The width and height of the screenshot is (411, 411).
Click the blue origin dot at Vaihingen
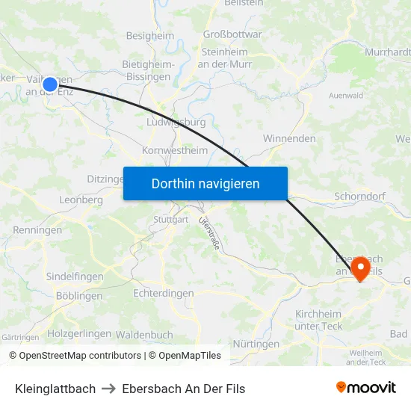coord(50,84)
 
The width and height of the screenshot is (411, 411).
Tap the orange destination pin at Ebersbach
coord(360,267)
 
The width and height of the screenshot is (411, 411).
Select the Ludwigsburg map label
coord(176,122)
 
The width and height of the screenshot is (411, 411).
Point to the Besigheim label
coord(150,35)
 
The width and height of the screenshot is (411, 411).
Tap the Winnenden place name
coord(289,138)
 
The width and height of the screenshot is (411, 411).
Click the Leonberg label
coord(81,200)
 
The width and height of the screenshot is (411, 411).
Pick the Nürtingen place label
coord(256,344)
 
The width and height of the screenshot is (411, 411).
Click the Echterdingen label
coord(164,294)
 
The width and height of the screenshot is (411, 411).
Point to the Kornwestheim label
coord(175,150)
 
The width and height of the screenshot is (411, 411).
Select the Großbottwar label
coord(232,34)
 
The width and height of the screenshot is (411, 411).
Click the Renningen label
coord(37,230)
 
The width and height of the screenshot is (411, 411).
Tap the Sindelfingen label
coord(75,276)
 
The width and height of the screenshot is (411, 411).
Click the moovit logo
coord(365,388)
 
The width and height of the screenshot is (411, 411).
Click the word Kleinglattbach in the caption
coord(55,389)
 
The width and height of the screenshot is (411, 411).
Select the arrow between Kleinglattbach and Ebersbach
coord(109,389)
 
